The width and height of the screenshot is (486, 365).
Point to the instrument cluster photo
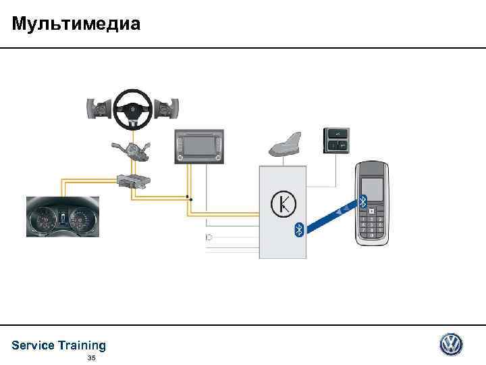tap(62, 218)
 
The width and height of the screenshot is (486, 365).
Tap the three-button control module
tap(336, 140)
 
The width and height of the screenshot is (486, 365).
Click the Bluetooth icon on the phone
tap(362, 201)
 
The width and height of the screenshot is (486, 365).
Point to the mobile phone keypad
tap(373, 226)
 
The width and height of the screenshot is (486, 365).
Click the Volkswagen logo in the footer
tap(451, 344)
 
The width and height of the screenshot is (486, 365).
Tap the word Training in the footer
tap(82, 345)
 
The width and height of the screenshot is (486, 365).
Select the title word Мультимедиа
tap(76, 25)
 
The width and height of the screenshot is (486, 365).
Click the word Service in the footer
tap(33, 345)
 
